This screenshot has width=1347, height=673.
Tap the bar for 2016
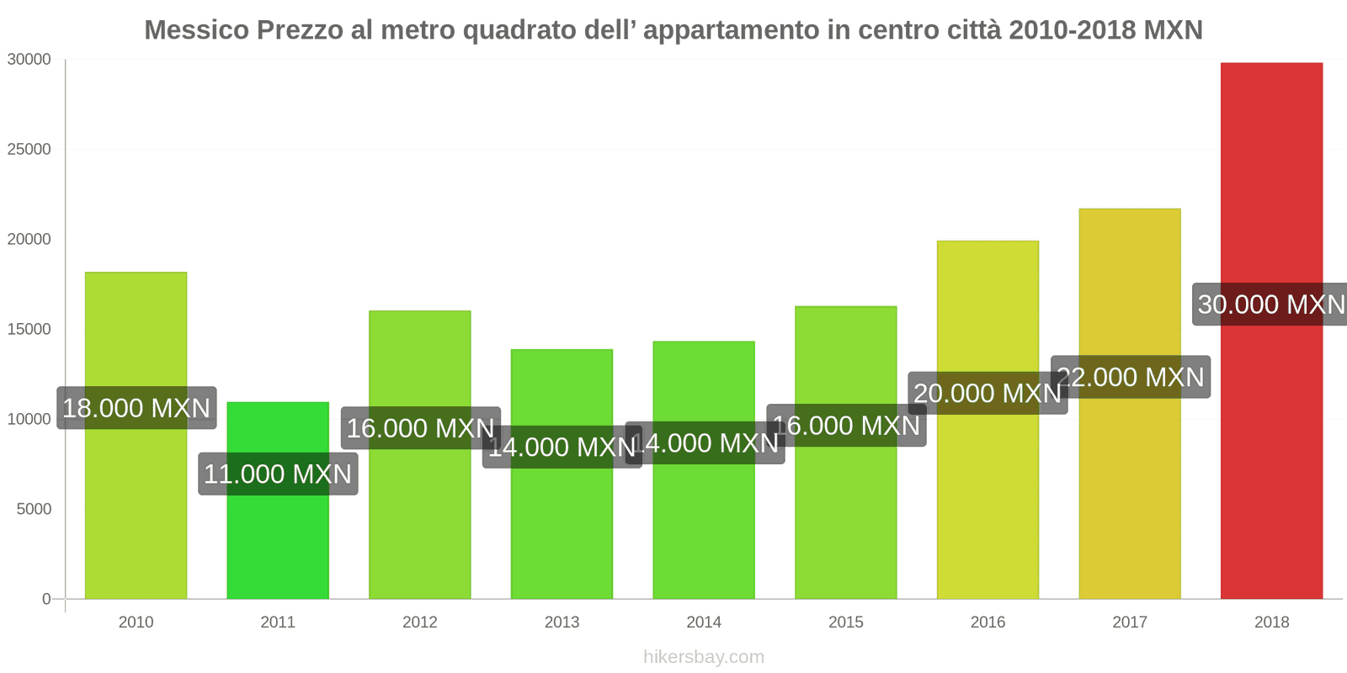point(988,505)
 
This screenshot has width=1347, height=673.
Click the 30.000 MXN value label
point(1271,305)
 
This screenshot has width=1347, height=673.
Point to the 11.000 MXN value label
point(278,474)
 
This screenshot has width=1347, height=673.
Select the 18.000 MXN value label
point(136,408)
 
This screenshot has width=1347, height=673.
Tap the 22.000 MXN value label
point(1131,377)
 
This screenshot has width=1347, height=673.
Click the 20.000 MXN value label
point(988,393)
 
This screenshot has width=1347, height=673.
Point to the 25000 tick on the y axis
point(29,150)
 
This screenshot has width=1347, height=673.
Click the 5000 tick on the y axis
point(34,509)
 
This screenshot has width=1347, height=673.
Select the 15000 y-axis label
point(29,330)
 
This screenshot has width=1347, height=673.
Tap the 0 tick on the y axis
point(46,599)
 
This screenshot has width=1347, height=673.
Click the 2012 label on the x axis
point(419,623)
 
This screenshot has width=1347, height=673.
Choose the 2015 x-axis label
point(845,623)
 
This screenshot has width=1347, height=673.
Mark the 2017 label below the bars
point(1129,623)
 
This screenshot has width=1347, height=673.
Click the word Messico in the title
point(197,30)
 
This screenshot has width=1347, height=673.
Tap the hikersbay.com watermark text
point(704,657)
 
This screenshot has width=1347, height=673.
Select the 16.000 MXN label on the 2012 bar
point(420,428)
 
